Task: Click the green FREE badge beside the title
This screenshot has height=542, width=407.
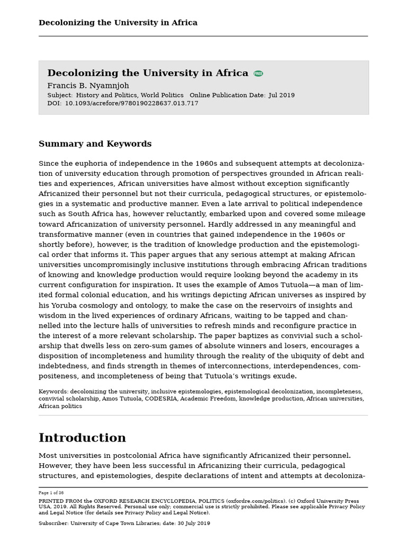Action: point(258,74)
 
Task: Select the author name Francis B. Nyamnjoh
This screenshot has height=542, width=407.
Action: point(88,86)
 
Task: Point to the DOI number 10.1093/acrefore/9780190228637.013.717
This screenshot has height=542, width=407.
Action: point(131,103)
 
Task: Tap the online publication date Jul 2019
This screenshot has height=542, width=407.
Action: point(281,95)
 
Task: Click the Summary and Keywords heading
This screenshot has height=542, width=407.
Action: point(95,144)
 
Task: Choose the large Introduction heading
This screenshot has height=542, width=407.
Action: point(82,438)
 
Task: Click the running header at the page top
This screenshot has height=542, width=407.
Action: point(118,23)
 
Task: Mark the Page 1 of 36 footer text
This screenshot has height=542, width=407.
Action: point(51,493)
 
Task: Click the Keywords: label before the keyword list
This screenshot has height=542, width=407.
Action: point(53,392)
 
